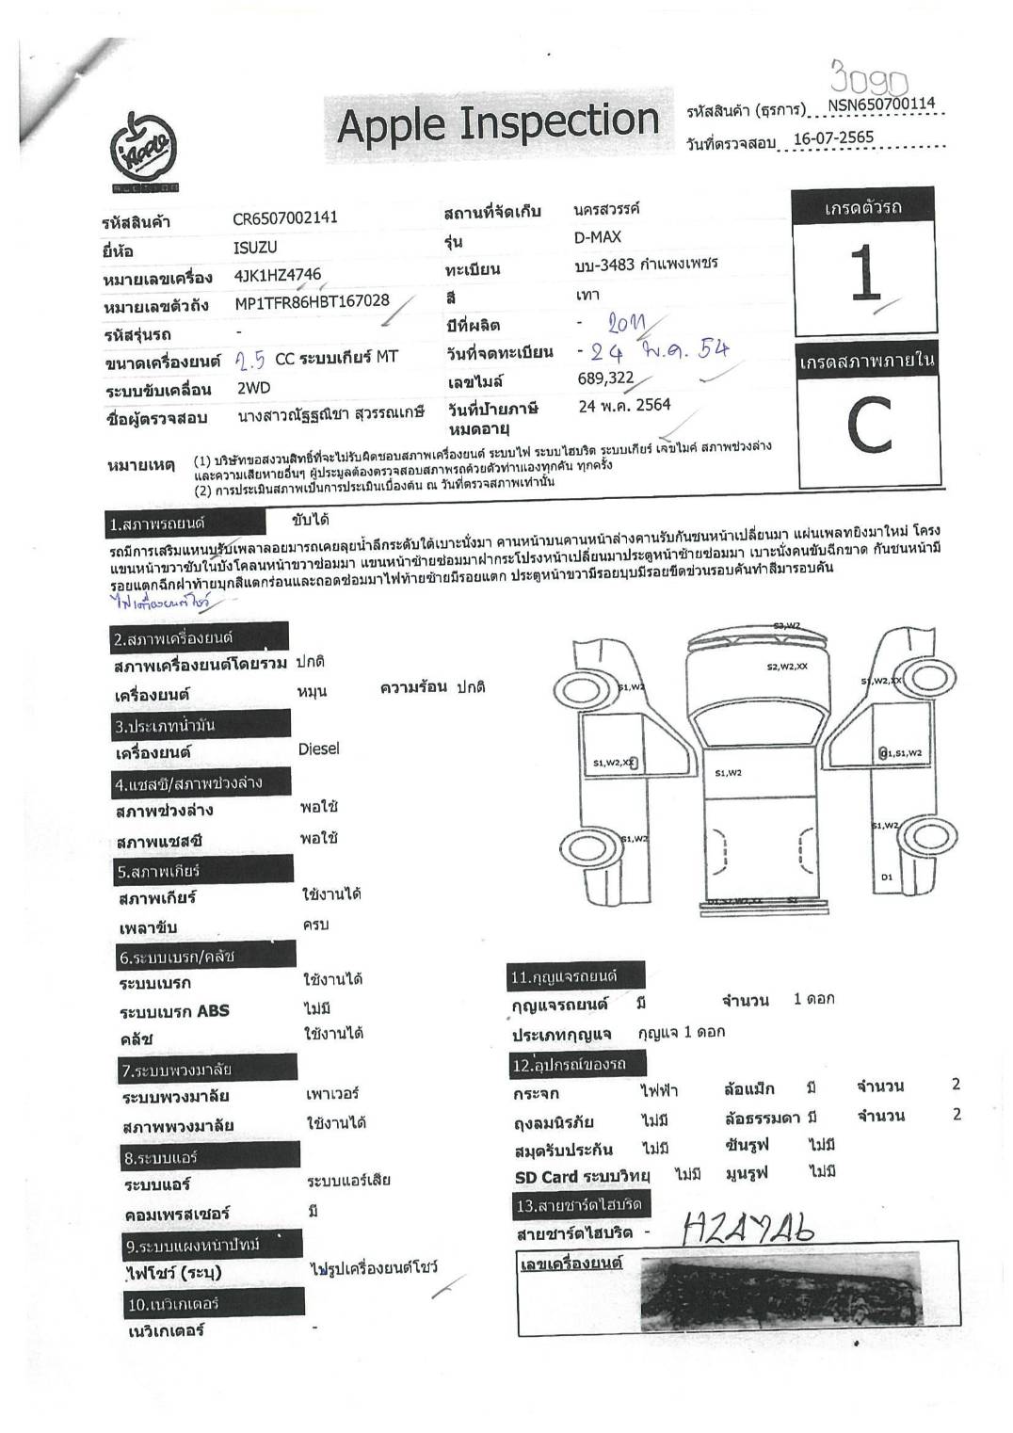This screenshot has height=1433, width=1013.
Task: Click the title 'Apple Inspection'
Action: pos(497,123)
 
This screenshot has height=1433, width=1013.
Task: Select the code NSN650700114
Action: pos(882,105)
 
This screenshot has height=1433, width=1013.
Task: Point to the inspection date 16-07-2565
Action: pos(833,138)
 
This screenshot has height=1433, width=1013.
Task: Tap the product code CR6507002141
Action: pos(284,217)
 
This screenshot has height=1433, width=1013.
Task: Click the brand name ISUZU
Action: pos(255,247)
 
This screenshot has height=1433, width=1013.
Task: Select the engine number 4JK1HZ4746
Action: pos(277,276)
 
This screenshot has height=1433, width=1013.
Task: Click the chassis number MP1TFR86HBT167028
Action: pos(312,303)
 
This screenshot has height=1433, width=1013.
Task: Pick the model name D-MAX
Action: pos(598,237)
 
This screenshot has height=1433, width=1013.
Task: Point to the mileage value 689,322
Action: pos(605,378)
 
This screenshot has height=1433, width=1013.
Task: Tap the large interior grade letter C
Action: pos(868,427)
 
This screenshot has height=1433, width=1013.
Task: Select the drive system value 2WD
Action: pos(253,388)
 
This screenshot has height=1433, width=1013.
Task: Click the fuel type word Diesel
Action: pos(318,749)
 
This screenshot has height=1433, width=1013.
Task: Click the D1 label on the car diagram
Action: pos(886,877)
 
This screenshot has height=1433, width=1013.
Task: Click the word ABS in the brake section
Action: pos(213,1011)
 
